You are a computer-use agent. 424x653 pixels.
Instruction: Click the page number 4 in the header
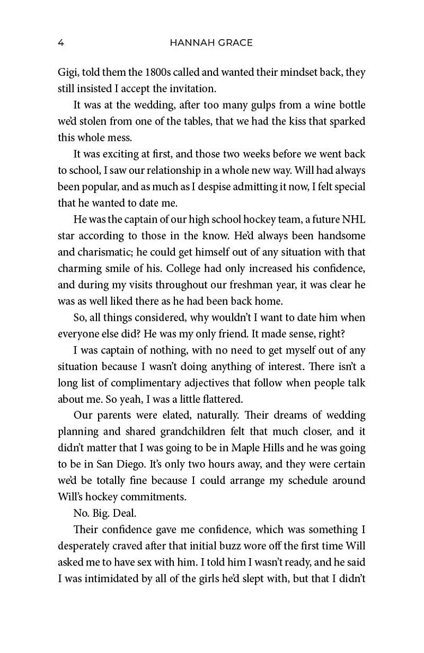click(61, 43)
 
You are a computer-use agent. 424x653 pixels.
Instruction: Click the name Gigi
click(68, 73)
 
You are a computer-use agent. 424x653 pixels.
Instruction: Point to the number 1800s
click(140, 73)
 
